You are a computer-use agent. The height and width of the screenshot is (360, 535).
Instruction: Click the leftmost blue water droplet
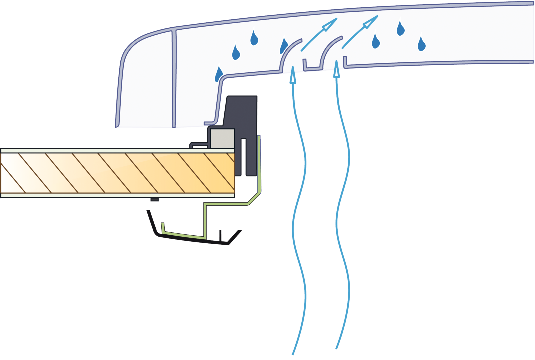click(219, 74)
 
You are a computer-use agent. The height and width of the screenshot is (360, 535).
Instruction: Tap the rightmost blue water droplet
click(422, 43)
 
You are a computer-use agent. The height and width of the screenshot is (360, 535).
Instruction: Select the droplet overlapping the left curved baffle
click(284, 46)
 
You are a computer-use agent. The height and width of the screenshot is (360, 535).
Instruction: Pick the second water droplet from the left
click(236, 52)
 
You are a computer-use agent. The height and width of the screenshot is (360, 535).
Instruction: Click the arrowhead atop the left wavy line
click(293, 75)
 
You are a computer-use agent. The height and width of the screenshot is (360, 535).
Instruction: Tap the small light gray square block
click(223, 138)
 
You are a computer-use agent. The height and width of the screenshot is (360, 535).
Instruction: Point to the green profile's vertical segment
click(259, 163)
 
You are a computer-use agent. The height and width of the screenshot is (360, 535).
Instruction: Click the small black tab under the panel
click(154, 200)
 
